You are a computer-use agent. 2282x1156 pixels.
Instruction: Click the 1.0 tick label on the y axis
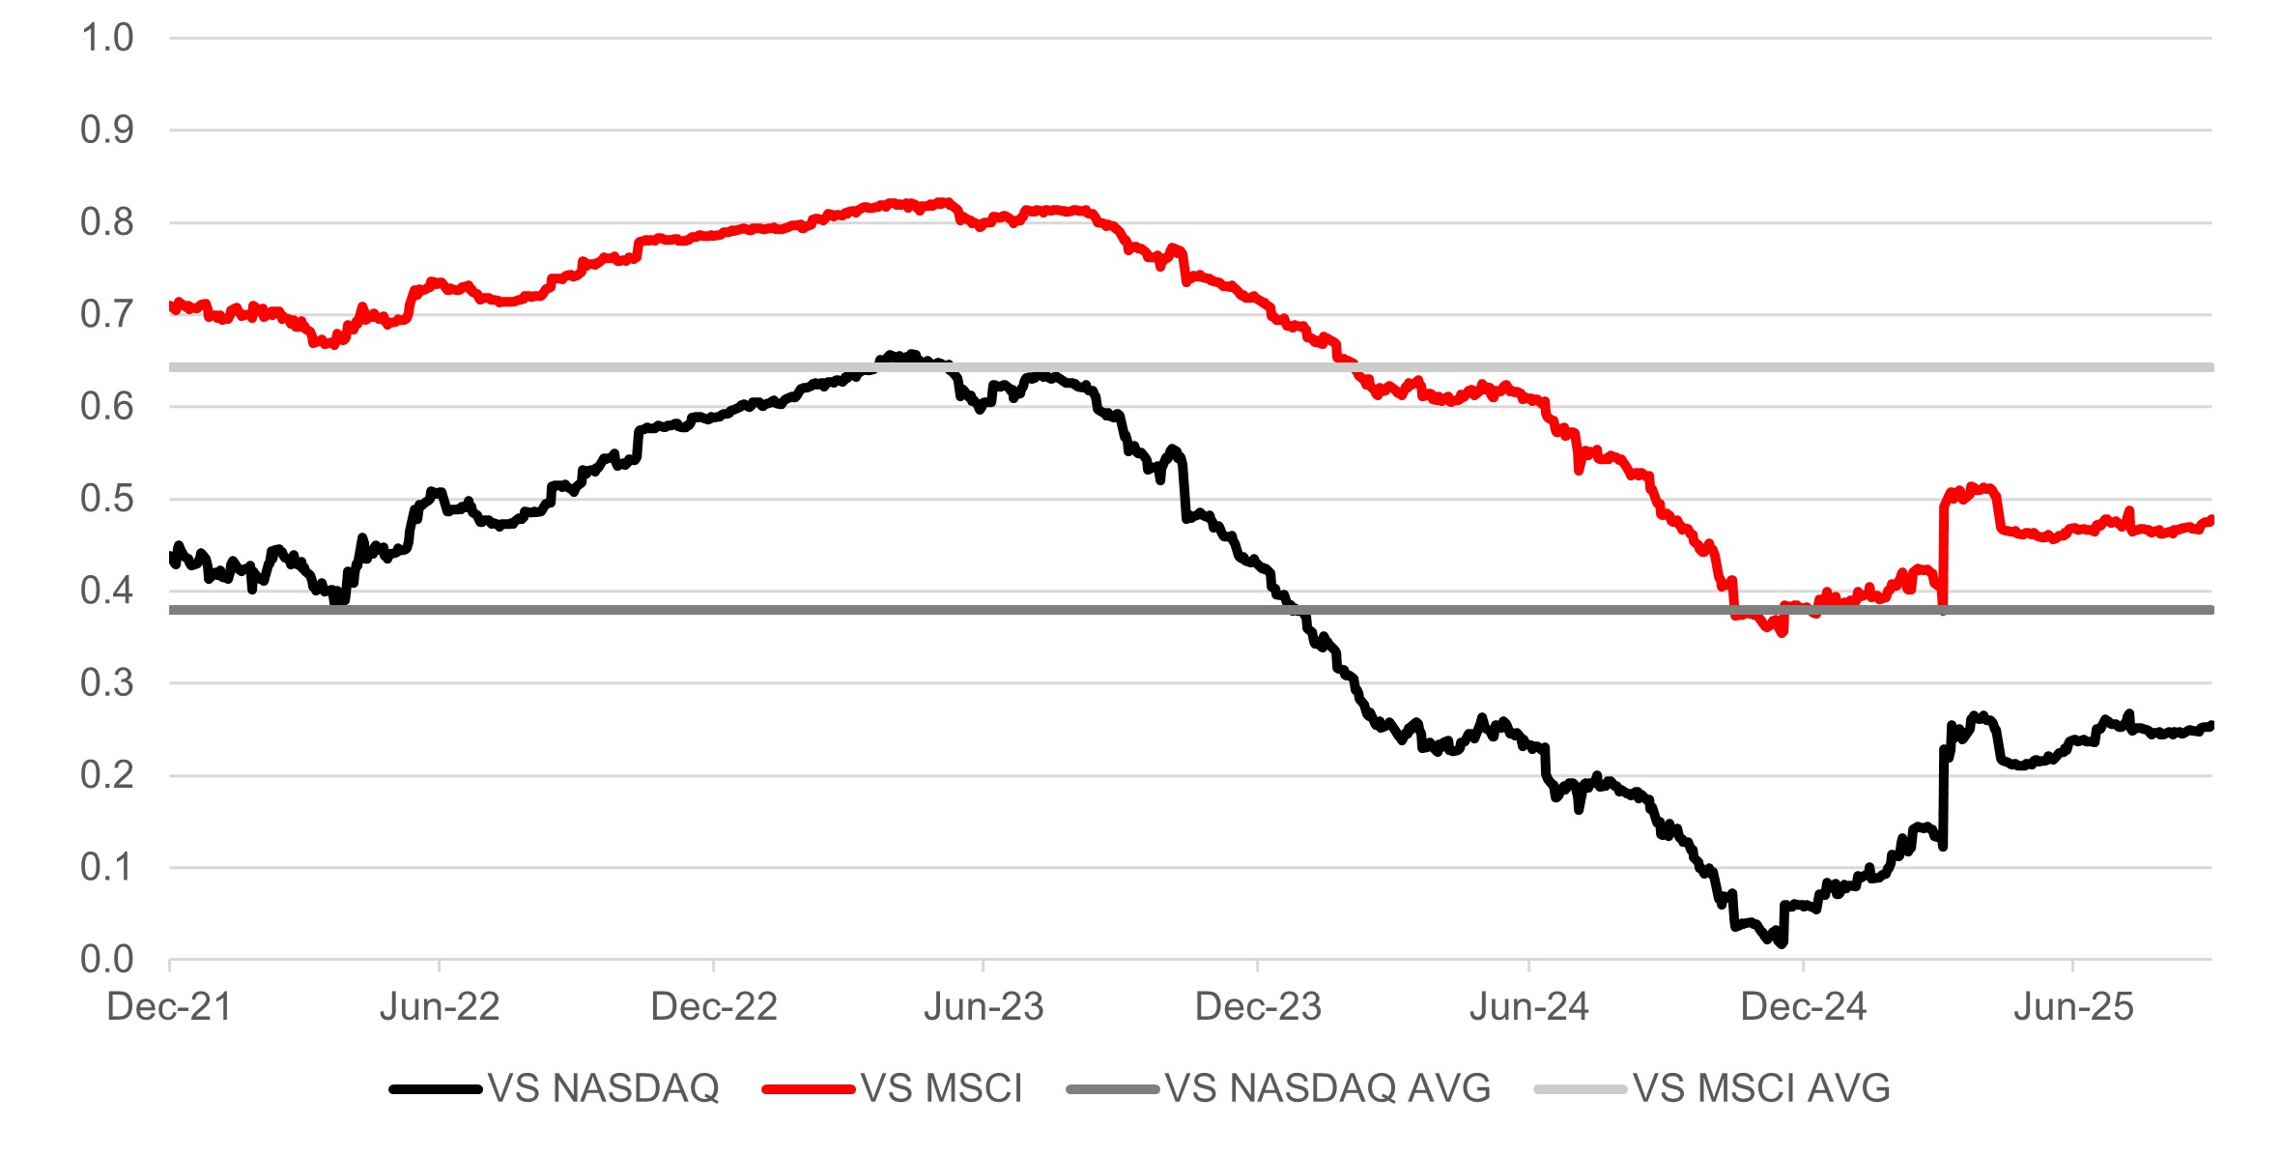click(106, 39)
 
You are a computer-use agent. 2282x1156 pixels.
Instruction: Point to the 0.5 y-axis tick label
click(106, 499)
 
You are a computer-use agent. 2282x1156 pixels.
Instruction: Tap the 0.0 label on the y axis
click(106, 959)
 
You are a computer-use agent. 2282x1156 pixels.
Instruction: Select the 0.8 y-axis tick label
click(106, 222)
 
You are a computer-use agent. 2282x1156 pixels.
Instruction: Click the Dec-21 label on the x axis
click(169, 1007)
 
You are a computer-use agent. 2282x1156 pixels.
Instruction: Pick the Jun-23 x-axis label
click(984, 1007)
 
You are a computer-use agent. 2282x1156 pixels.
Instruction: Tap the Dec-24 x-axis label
click(1803, 1007)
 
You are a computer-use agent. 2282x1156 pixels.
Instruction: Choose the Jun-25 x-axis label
click(2073, 1007)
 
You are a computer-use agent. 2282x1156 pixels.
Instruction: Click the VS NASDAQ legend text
click(604, 1088)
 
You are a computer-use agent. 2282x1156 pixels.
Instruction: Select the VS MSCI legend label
click(941, 1088)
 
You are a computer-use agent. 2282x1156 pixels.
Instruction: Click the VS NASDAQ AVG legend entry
click(1327, 1088)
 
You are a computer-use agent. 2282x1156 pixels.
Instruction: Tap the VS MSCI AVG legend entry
click(1761, 1088)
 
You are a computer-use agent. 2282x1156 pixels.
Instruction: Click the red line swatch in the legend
click(808, 1089)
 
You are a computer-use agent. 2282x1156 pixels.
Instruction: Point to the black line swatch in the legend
click(435, 1089)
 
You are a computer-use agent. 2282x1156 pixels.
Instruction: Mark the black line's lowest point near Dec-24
click(1781, 942)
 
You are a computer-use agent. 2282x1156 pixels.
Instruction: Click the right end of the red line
click(2211, 520)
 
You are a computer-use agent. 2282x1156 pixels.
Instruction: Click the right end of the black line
click(2211, 725)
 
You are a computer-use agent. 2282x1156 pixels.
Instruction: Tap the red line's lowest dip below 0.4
click(1783, 632)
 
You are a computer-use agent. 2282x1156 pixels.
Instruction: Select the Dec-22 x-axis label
click(714, 1007)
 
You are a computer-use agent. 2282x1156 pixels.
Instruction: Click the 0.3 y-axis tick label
click(106, 683)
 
